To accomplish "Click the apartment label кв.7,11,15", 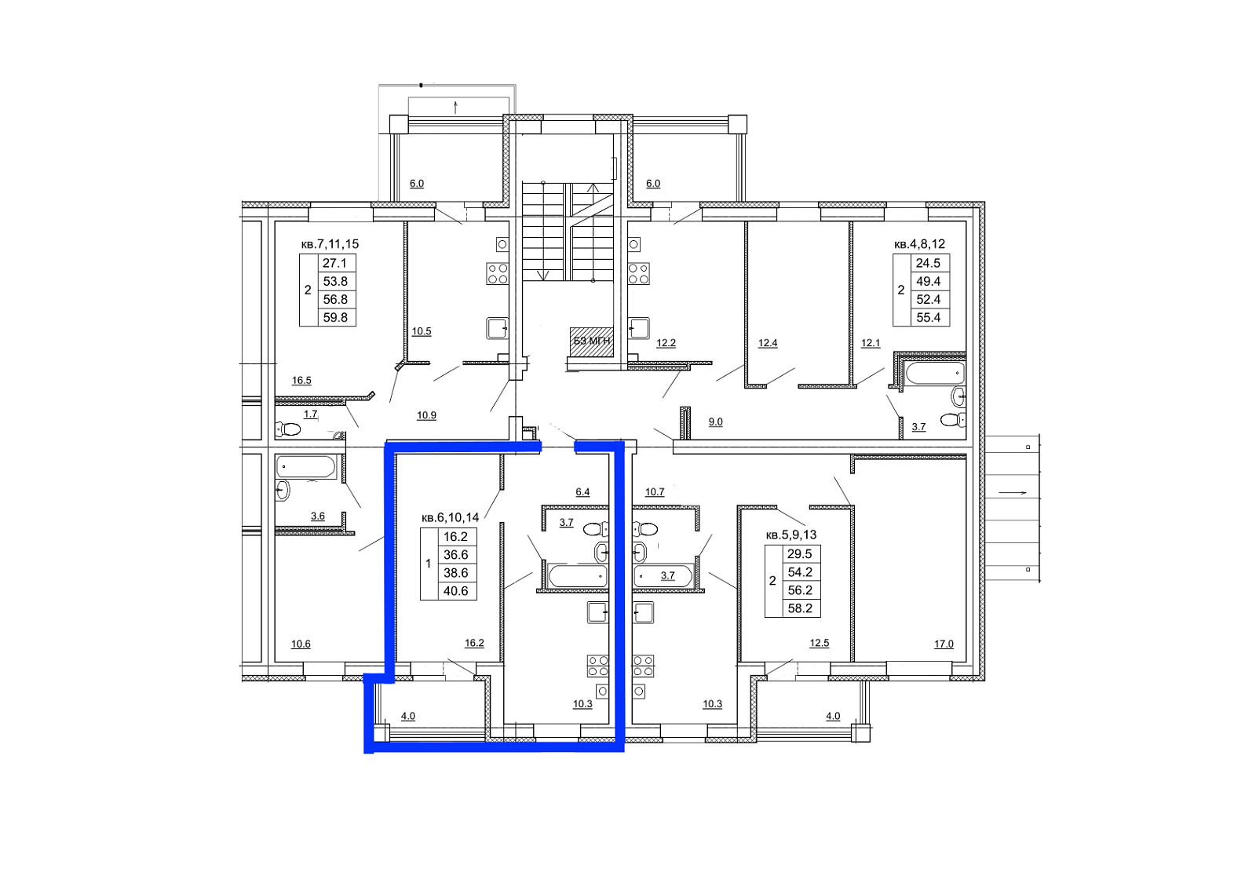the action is click(x=330, y=244).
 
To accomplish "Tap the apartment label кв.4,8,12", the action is click(x=919, y=244).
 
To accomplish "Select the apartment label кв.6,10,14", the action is click(x=451, y=517).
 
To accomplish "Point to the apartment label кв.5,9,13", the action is click(x=791, y=535).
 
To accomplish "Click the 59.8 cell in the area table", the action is click(x=335, y=318).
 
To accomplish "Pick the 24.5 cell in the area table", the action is click(x=929, y=263).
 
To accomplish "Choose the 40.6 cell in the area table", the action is click(x=456, y=591).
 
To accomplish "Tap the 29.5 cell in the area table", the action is click(x=800, y=554).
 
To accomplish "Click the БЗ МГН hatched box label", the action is click(x=592, y=341).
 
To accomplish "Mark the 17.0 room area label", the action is click(x=944, y=644).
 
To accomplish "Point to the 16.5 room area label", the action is click(x=301, y=381).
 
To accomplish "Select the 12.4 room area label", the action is click(x=768, y=343).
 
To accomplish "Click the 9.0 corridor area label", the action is click(x=715, y=422).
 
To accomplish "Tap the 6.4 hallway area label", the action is click(x=582, y=492).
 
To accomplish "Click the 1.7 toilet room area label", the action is click(x=311, y=414).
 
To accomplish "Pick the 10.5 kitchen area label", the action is click(x=422, y=331).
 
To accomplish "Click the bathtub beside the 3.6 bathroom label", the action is click(x=306, y=466).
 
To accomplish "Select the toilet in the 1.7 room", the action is click(x=288, y=429).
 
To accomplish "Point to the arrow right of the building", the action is click(x=1012, y=493).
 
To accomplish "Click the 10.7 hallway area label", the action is click(x=655, y=492).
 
